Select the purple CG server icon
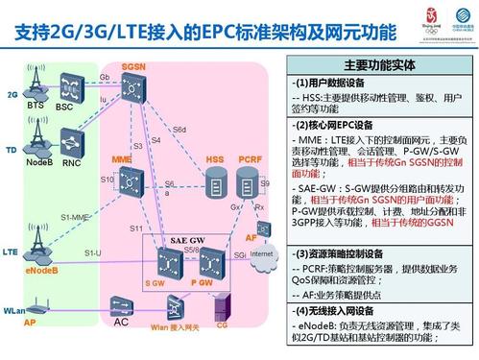pos(221,306)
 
